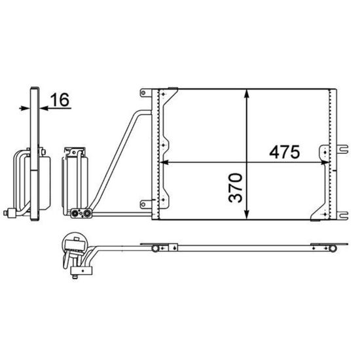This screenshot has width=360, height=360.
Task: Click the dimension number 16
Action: [x=60, y=100]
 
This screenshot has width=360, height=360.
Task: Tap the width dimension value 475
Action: [x=285, y=152]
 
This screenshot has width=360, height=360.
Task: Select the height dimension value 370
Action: [x=236, y=188]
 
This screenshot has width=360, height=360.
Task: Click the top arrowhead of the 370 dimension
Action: [x=247, y=94]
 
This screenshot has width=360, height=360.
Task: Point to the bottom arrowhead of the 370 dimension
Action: [x=247, y=215]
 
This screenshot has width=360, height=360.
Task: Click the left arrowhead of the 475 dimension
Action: [x=164, y=162]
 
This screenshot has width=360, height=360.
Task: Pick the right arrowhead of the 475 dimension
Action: [x=325, y=162]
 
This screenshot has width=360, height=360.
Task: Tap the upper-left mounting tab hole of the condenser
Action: [x=143, y=93]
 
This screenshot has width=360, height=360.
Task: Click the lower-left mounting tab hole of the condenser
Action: [x=143, y=204]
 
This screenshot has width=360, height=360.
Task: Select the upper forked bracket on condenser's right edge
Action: [x=342, y=149]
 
